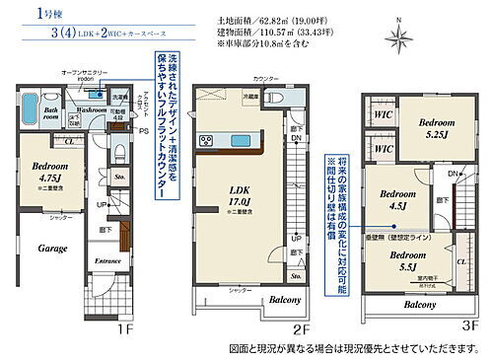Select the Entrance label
(107, 260)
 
